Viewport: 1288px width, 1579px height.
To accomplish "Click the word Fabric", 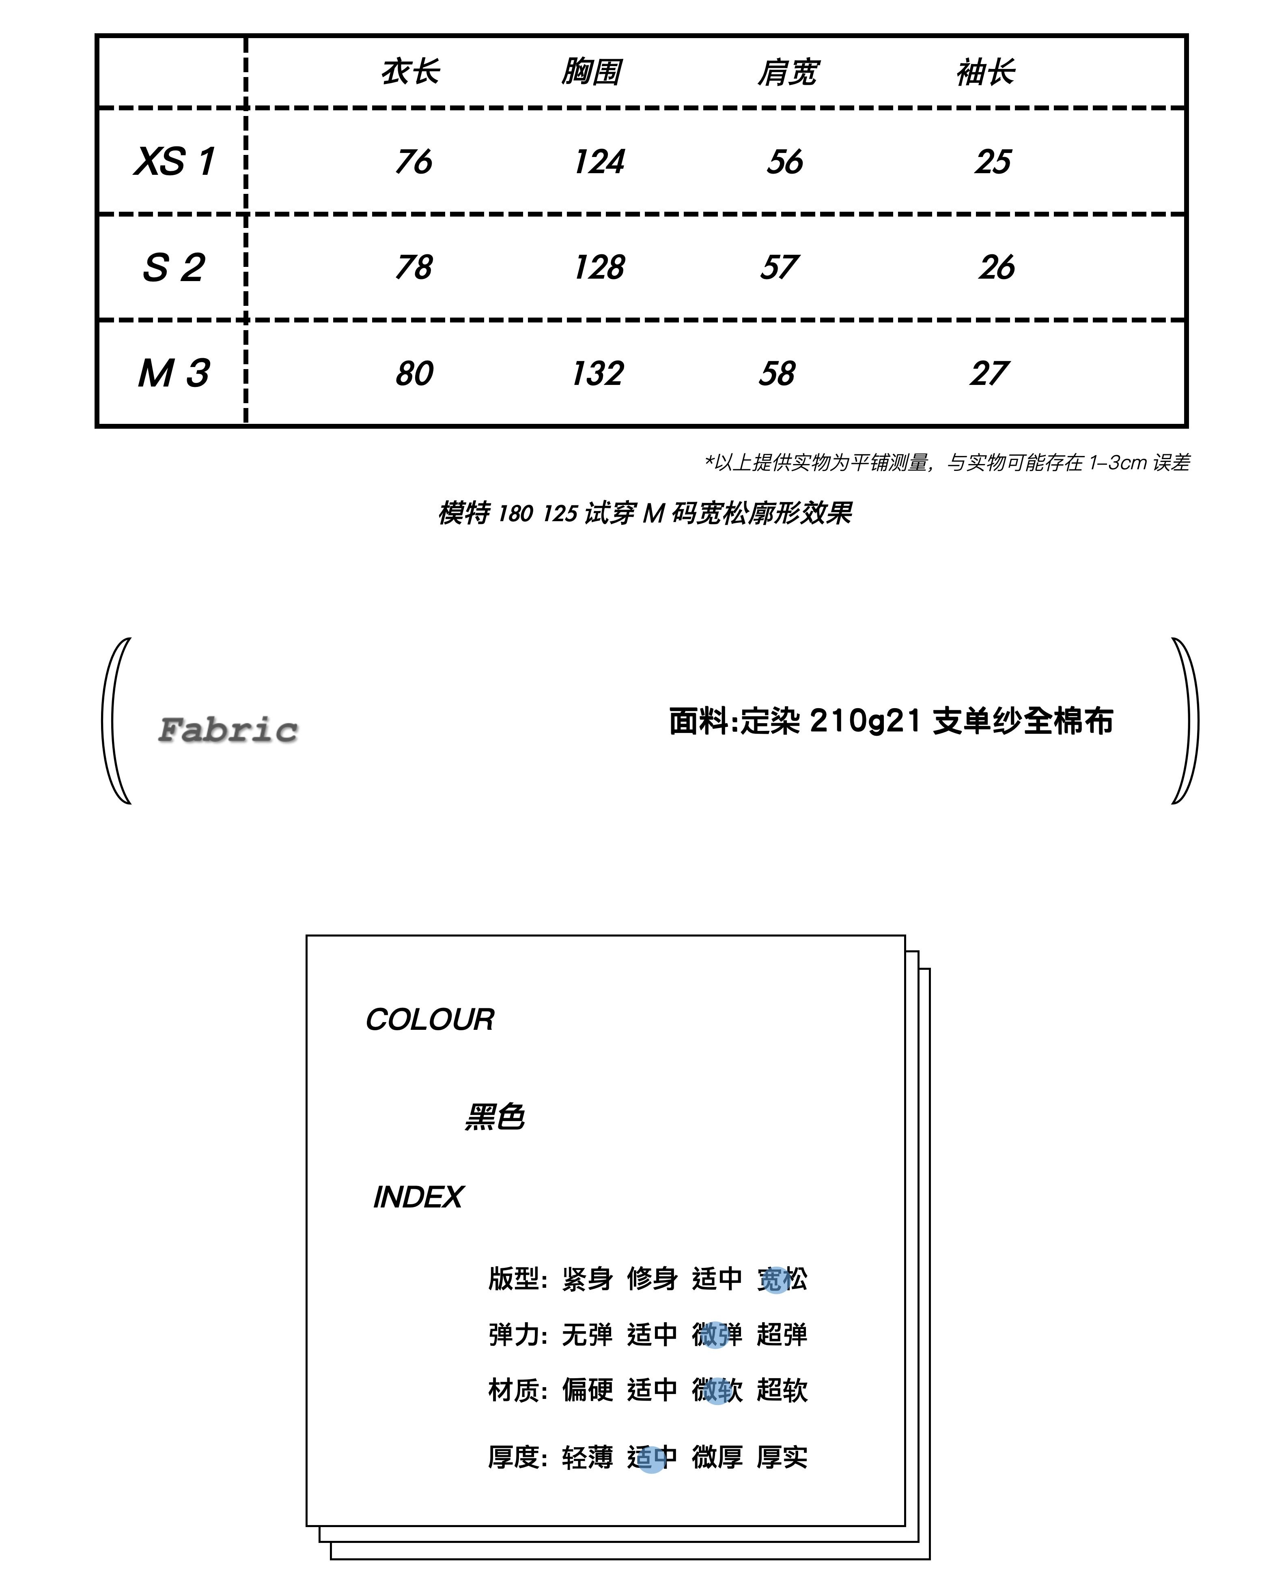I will (228, 730).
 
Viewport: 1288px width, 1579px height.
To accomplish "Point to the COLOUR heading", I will (430, 1020).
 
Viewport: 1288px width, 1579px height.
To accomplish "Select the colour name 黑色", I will (494, 1117).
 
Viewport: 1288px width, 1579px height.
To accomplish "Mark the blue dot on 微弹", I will (715, 1335).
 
